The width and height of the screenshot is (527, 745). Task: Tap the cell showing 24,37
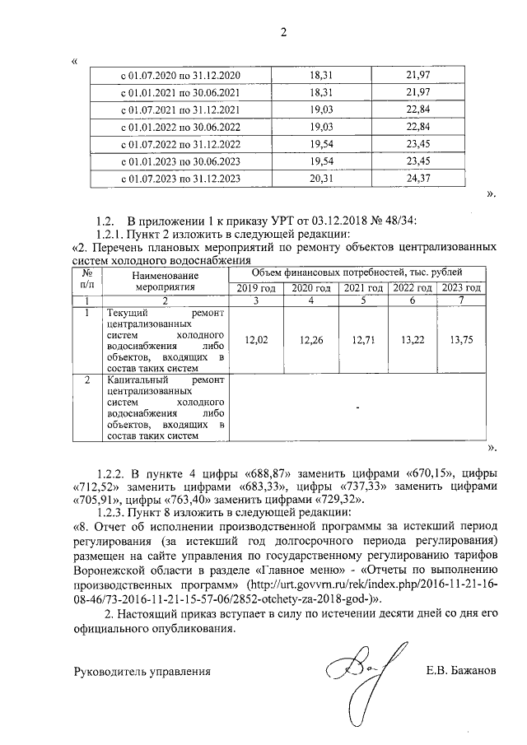pyautogui.click(x=418, y=178)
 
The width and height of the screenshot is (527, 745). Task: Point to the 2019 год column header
pyautogui.click(x=257, y=288)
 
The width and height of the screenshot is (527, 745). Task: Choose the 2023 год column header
pyautogui.click(x=460, y=288)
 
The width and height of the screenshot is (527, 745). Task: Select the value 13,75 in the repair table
pyautogui.click(x=460, y=340)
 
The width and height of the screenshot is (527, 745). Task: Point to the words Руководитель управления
pyautogui.click(x=142, y=671)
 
